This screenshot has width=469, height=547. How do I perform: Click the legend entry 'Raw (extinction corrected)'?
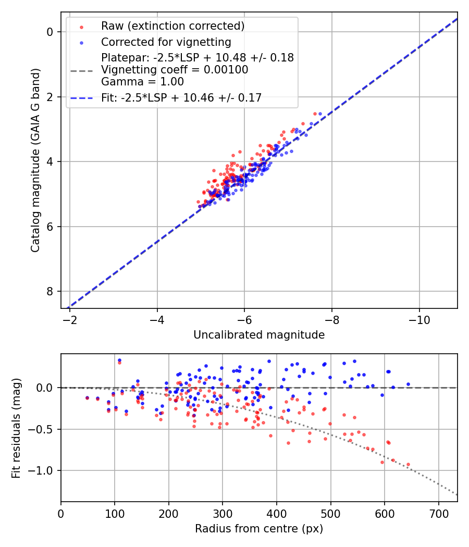[172, 26]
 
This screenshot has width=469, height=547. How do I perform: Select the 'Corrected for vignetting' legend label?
[166, 42]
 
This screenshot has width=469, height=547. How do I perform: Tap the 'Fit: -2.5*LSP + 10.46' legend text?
[181, 97]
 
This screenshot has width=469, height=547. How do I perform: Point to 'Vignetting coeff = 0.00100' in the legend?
[175, 70]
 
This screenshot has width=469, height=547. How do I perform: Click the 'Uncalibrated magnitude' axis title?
[259, 335]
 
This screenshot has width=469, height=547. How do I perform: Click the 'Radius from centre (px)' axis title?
[259, 529]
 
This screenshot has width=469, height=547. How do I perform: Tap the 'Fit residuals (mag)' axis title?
[16, 428]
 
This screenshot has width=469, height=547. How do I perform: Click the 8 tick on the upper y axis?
[51, 291]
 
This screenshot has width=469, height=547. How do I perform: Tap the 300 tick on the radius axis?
[223, 513]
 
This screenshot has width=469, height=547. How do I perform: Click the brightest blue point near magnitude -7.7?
[320, 114]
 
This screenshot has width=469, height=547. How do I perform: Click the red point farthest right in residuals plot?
[408, 464]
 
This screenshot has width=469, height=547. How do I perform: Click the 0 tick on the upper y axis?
[51, 32]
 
